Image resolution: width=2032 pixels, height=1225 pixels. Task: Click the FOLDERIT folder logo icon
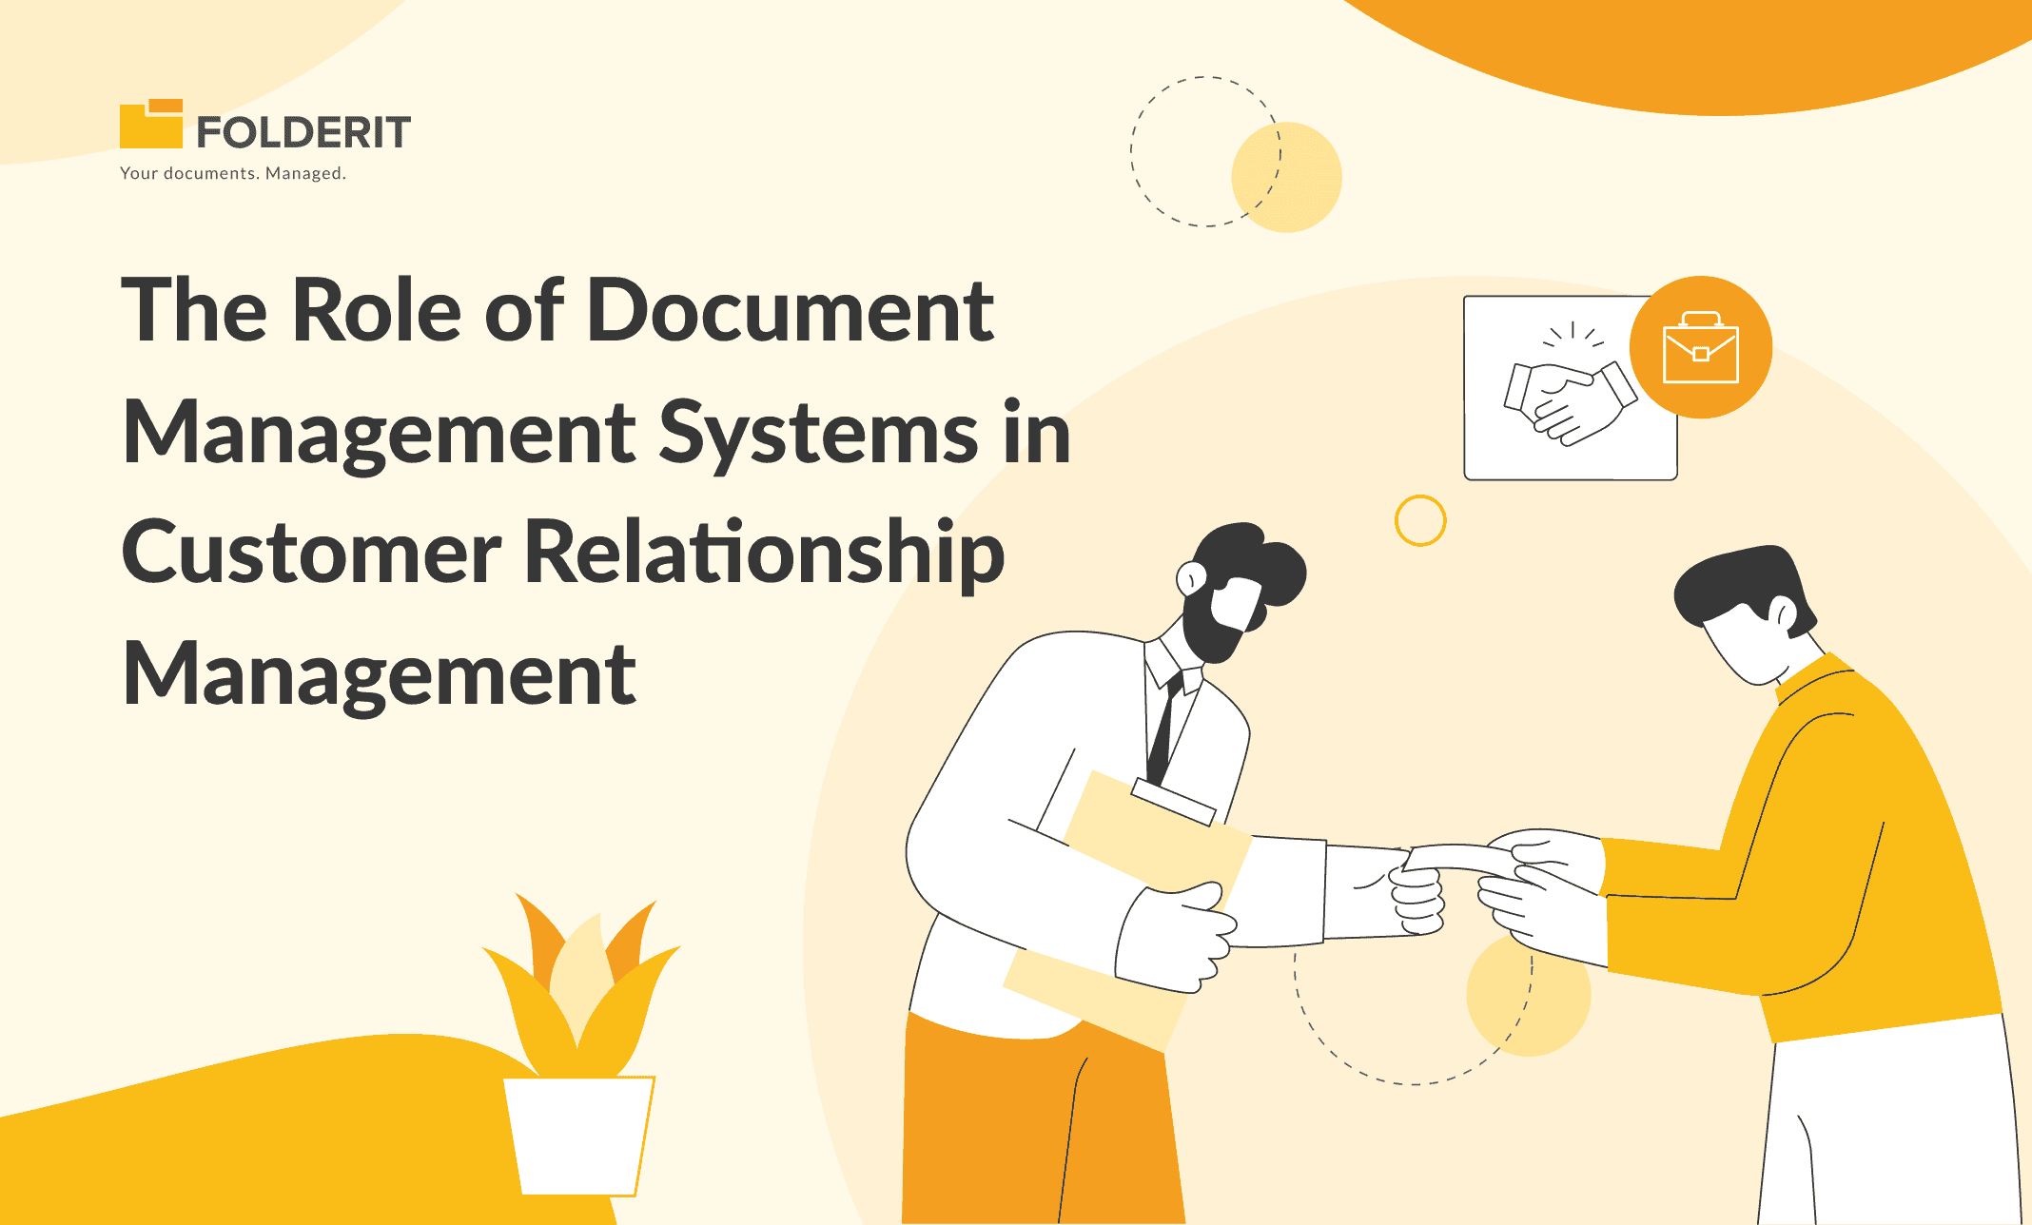(x=150, y=124)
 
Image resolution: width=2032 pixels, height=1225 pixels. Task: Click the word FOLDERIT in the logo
(x=303, y=132)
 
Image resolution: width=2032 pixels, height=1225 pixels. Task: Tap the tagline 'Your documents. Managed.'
(x=233, y=173)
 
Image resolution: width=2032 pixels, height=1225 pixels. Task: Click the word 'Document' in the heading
(x=791, y=310)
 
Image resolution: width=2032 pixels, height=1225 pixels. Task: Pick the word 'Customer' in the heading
(x=311, y=554)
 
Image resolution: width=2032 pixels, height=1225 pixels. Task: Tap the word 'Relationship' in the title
(x=765, y=554)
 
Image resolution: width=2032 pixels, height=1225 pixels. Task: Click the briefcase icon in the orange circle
(x=1701, y=347)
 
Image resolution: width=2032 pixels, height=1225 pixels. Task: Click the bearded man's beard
(x=1213, y=623)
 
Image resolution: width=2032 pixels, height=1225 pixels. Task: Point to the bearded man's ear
(x=1191, y=577)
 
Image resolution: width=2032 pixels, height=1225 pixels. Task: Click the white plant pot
(x=578, y=1136)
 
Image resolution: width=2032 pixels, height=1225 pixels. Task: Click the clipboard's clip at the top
(x=1173, y=801)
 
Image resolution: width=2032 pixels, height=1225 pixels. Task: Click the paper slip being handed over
(x=1457, y=856)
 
